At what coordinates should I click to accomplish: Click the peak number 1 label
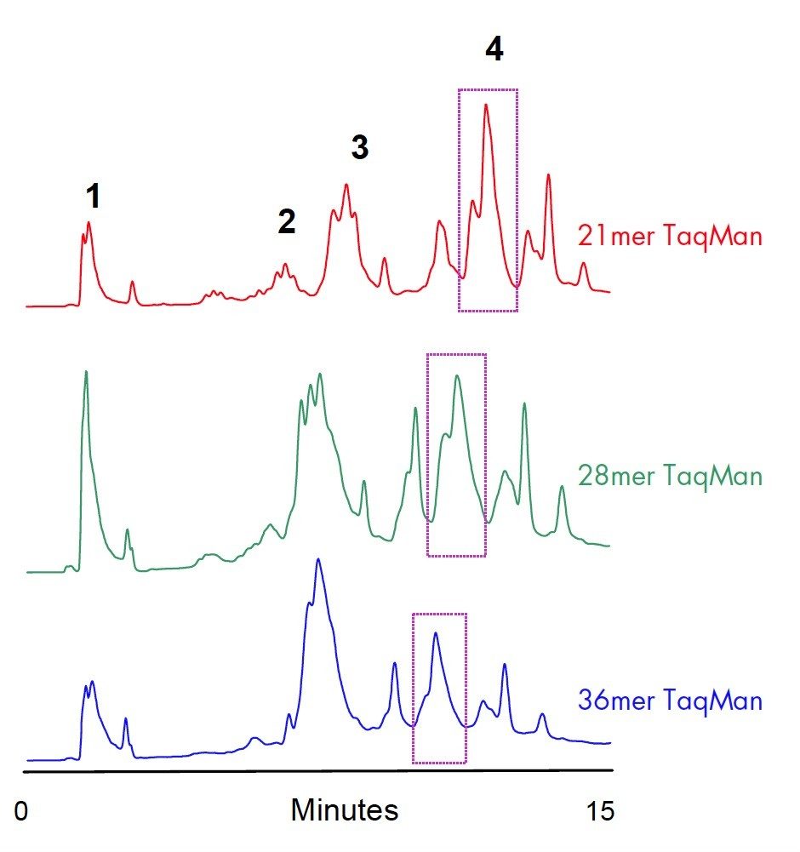click(94, 197)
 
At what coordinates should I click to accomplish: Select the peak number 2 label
click(286, 223)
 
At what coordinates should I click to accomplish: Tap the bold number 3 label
click(360, 148)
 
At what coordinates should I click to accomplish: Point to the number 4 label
click(494, 50)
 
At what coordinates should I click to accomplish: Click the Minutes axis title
click(344, 809)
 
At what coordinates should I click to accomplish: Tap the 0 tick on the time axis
click(21, 811)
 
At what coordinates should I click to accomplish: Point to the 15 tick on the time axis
click(600, 811)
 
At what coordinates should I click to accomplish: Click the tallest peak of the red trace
click(486, 106)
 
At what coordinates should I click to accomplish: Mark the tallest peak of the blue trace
click(318, 560)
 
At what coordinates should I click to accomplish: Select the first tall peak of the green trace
click(86, 372)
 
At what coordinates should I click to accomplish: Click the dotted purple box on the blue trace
click(439, 688)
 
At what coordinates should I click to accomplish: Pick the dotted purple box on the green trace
click(456, 455)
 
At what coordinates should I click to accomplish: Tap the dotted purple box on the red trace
click(488, 200)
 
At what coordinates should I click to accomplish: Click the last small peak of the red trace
click(584, 264)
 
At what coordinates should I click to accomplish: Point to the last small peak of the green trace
click(562, 488)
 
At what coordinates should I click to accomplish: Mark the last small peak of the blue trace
click(542, 716)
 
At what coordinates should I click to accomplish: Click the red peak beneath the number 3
click(346, 185)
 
